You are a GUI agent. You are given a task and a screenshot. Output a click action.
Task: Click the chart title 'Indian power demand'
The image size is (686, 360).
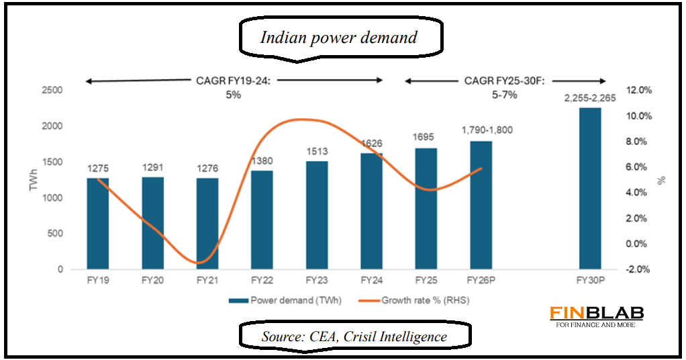click(338, 38)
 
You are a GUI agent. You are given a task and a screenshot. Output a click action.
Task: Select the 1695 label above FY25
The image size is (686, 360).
click(426, 138)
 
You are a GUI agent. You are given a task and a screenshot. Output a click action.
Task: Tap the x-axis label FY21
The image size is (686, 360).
click(207, 279)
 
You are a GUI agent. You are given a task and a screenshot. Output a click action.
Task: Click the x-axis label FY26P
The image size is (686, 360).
click(481, 279)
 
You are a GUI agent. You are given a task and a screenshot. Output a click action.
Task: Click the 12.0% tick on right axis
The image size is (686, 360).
click(638, 90)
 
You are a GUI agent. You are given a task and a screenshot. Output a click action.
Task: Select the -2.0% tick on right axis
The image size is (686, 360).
click(638, 269)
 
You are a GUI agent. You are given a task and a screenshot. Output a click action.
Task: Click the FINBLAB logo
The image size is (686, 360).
click(597, 314)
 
